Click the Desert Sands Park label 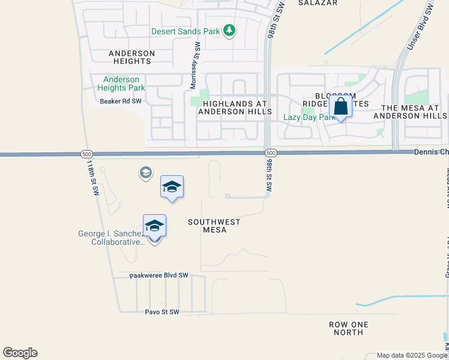coord(185,31)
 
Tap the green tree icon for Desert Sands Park coord(229,30)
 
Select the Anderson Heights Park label coord(121,83)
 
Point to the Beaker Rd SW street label coord(121,101)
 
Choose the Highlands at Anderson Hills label coord(235,108)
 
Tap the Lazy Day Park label coord(309,118)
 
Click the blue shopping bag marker coord(340,107)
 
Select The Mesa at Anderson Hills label coord(410,111)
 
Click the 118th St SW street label coord(92,178)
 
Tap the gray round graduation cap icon coord(145,173)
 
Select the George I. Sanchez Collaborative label coord(112,238)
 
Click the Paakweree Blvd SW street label coord(159,275)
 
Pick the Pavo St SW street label coord(162,312)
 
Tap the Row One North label coord(349,328)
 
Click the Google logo coord(20,353)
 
